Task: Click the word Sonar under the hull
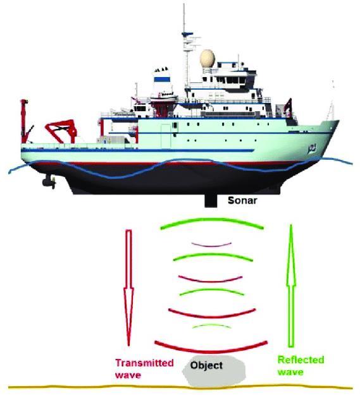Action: pos(242,200)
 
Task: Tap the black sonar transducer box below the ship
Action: pos(210,200)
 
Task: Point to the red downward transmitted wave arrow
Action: pos(128,288)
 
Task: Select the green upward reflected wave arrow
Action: pos(290,286)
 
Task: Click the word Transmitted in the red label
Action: pos(144,363)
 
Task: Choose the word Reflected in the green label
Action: pos(301,360)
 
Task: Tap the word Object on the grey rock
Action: pos(206,365)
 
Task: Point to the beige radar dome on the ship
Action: pos(208,58)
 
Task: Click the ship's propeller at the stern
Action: pos(49,181)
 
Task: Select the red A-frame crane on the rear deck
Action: pos(61,131)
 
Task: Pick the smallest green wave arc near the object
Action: pos(211,325)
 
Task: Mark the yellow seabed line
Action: pos(180,387)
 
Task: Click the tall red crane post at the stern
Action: pos(24,121)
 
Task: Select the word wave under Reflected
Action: pos(290,372)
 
